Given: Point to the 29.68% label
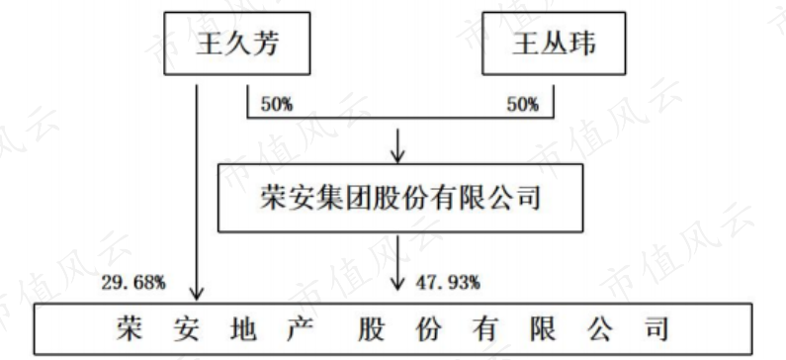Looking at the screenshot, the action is [x=133, y=283].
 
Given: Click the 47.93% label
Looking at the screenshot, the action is [x=448, y=283].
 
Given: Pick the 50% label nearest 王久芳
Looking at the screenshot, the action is [x=277, y=105].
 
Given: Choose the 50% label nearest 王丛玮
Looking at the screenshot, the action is [x=522, y=105].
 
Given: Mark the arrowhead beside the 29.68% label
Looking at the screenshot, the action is [x=197, y=294].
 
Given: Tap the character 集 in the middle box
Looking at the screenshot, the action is [x=330, y=198].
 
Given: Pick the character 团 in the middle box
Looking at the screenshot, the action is [x=359, y=198].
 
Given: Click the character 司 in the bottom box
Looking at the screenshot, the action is [x=655, y=329].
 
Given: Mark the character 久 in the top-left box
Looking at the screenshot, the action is [x=236, y=45].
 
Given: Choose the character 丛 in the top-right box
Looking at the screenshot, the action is [x=554, y=45].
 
